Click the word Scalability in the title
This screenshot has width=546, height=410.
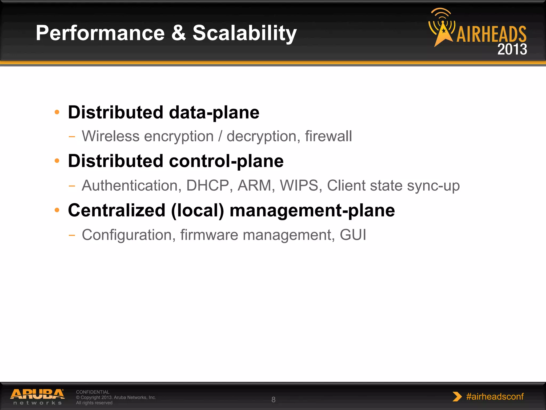pos(244,33)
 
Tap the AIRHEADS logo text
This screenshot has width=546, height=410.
pos(491,34)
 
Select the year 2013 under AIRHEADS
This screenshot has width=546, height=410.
pos(512,49)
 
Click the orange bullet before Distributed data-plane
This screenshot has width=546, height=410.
pos(57,112)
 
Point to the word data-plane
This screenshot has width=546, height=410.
pos(214,113)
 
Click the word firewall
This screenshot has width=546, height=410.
pos(328,136)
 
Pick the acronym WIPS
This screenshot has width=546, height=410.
pos(299,186)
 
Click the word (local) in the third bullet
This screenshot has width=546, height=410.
pos(197,211)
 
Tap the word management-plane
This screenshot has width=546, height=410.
pos(312,211)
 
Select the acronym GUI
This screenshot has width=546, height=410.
pos(353,235)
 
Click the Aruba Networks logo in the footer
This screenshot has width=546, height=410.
pos(37,397)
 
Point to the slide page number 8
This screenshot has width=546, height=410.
pos(273,400)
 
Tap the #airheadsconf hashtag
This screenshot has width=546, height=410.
pos(495,397)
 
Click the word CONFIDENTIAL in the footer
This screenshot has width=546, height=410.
pos(93,392)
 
